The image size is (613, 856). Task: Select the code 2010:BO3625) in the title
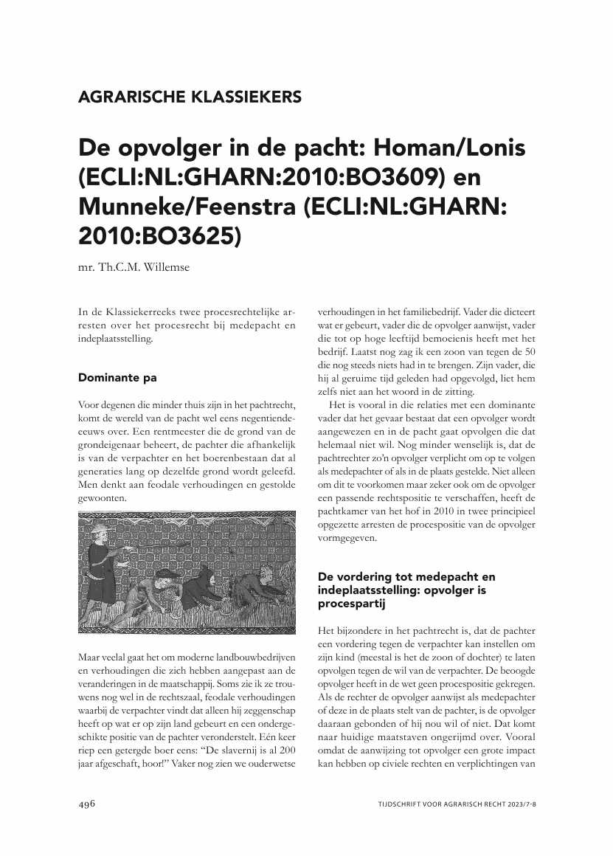click(x=159, y=235)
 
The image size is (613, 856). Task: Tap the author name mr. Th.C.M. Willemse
click(x=134, y=267)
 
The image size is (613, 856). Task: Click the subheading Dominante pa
click(x=117, y=378)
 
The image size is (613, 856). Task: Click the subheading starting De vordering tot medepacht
click(x=406, y=576)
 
